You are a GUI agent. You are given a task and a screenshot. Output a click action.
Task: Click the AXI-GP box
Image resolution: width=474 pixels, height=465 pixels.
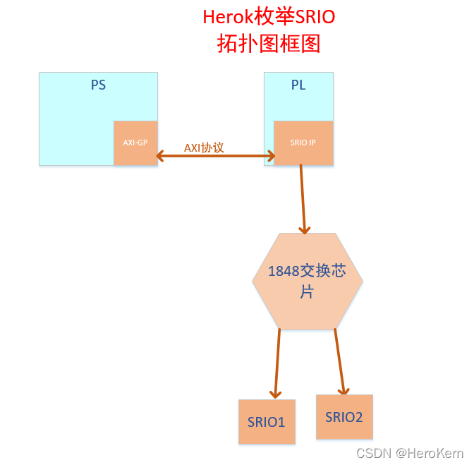tap(135, 143)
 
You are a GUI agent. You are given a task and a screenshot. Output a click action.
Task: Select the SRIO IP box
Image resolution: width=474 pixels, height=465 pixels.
tap(303, 143)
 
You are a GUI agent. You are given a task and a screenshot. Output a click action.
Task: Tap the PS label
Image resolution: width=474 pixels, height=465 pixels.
tap(98, 85)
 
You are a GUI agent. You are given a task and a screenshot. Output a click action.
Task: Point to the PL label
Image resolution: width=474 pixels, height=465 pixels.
tap(298, 85)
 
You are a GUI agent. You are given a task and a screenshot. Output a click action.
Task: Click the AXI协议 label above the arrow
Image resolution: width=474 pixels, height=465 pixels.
tap(204, 147)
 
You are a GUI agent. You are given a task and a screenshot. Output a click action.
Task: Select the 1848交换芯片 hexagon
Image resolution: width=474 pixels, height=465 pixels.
tap(308, 281)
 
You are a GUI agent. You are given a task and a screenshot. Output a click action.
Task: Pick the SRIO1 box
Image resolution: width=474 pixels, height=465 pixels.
tap(267, 422)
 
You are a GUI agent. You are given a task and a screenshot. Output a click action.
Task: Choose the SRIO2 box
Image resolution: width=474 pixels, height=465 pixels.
tap(344, 416)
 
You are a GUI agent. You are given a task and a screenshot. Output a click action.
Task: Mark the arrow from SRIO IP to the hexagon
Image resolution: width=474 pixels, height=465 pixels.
tap(303, 198)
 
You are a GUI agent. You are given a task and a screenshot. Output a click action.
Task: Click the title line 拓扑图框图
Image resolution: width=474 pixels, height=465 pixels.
tap(269, 44)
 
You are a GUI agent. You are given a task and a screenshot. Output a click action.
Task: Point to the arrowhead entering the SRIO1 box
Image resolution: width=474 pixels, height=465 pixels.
tap(274, 394)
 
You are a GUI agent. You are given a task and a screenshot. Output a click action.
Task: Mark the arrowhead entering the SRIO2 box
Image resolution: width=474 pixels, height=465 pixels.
tap(344, 389)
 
